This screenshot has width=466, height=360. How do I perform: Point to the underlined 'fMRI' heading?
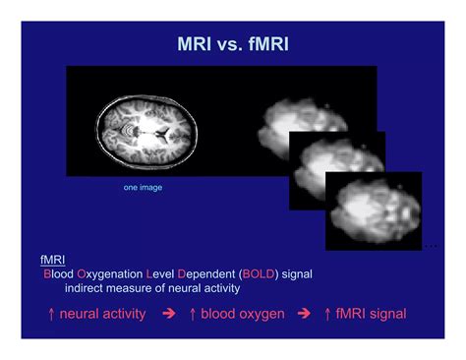[x=51, y=259]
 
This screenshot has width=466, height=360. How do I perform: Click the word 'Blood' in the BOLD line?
[x=61, y=273]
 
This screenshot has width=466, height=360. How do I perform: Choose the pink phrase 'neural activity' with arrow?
[x=102, y=314]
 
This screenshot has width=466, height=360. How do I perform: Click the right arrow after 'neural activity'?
[x=168, y=314]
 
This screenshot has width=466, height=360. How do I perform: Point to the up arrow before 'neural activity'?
[x=50, y=314]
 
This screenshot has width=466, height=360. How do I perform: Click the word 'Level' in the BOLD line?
[x=163, y=273]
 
